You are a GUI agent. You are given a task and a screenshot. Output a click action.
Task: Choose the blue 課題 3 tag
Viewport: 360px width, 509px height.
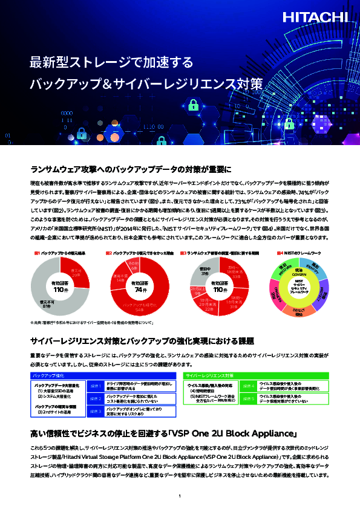coord(96,413)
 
